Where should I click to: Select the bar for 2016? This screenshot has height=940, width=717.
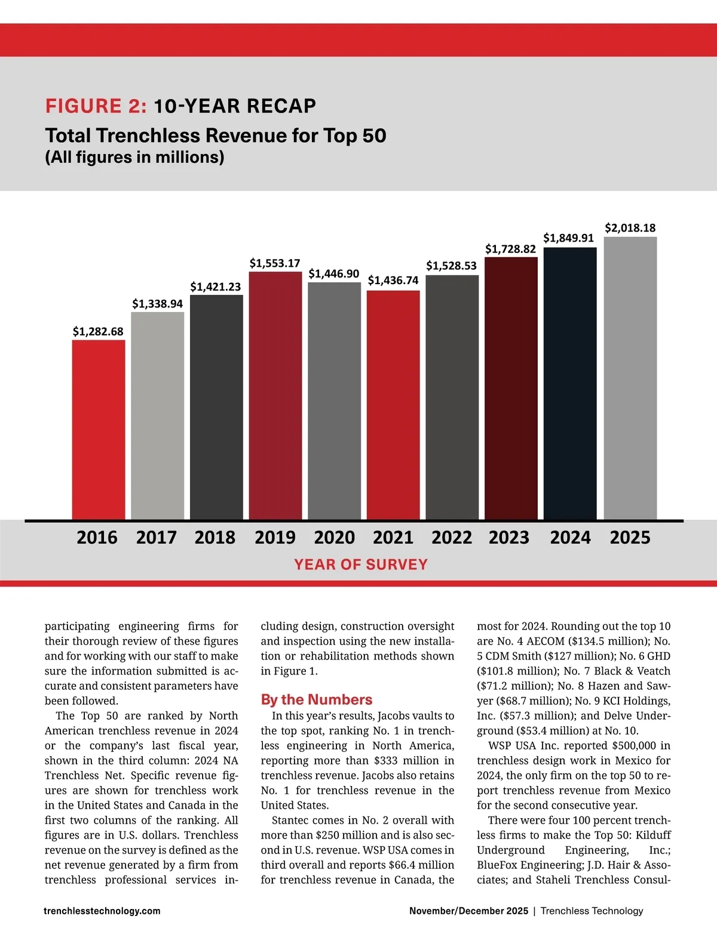point(99,430)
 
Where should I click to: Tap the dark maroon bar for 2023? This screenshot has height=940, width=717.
point(511,388)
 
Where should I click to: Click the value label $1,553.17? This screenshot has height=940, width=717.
point(275,263)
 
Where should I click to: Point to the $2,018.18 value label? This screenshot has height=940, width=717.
point(630,228)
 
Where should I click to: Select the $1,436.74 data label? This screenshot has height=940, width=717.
point(393,281)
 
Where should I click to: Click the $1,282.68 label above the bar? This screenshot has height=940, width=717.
point(98,332)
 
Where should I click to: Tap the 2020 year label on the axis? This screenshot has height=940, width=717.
point(335,538)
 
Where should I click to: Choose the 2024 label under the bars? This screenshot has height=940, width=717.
point(570,538)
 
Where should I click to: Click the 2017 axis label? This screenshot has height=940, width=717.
point(157,538)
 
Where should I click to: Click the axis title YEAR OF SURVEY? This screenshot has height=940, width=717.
point(361,565)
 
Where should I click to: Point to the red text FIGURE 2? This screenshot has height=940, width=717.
point(96,106)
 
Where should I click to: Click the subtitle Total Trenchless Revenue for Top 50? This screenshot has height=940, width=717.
point(216,135)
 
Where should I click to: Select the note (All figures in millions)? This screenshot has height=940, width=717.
point(134,158)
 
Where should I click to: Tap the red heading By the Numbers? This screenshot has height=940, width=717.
point(317,699)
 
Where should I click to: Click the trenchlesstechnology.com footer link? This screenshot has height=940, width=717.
point(102,911)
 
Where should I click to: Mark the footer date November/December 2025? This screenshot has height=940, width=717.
point(468,911)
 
